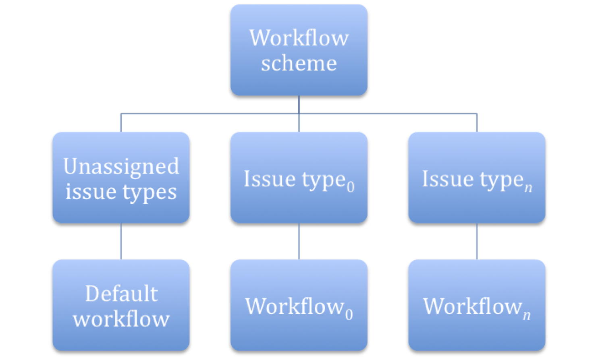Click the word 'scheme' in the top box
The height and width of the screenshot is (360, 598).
point(299,64)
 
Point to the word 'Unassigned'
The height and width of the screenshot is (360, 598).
point(121,166)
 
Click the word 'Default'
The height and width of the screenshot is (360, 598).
point(121,293)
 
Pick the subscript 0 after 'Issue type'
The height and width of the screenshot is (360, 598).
point(351,187)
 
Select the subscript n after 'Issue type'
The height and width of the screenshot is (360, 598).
point(528,188)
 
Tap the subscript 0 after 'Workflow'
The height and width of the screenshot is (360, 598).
point(349,314)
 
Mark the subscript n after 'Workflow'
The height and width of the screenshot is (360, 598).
point(527,314)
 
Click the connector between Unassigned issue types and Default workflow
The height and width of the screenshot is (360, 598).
point(121,241)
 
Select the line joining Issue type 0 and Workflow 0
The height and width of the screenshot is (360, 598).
point(299,241)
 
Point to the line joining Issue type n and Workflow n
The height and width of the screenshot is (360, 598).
point(477,241)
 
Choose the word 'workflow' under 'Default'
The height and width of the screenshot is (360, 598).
point(121,319)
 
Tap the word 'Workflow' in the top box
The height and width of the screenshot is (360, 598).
point(299,38)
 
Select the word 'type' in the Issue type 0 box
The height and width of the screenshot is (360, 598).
point(324,180)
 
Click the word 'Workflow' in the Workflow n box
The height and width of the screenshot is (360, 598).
point(472,306)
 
